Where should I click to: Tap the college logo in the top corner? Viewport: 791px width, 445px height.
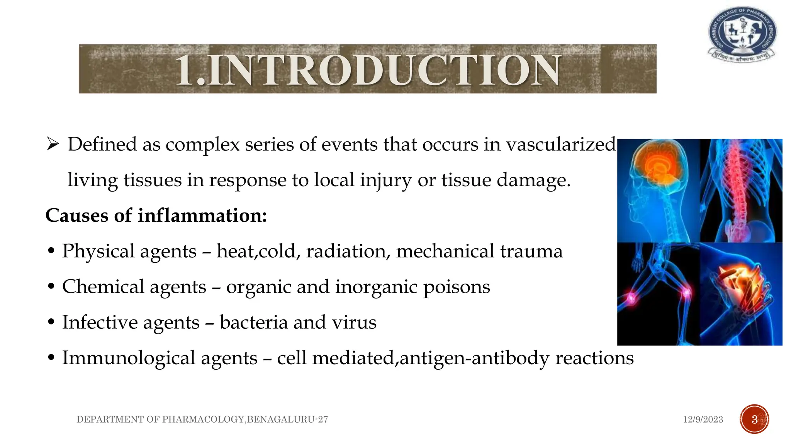(x=742, y=34)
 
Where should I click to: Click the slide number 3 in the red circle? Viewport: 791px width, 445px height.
(x=754, y=420)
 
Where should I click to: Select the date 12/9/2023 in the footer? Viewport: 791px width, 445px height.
(x=703, y=420)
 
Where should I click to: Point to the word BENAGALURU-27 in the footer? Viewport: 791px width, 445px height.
(x=287, y=420)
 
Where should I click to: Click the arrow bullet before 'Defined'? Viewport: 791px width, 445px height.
(x=52, y=145)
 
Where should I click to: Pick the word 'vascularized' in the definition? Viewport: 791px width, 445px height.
(x=561, y=145)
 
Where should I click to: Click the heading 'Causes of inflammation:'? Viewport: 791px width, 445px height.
(x=156, y=216)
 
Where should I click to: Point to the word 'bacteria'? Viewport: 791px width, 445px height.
(x=254, y=323)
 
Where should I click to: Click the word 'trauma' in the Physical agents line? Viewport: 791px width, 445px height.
(x=531, y=251)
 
